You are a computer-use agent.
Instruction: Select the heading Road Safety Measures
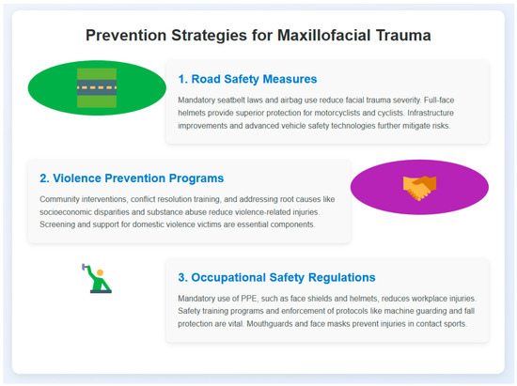247,79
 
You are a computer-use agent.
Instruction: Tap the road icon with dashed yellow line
97,88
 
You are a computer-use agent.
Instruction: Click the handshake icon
419,188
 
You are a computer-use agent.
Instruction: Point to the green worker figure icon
97,278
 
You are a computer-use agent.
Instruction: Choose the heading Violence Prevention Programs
132,178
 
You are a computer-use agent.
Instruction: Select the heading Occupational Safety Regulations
276,277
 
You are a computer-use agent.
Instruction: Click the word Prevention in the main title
126,36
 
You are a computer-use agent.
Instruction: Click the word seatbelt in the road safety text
231,100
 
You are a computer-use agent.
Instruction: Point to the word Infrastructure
431,113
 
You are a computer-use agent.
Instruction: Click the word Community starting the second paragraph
59,199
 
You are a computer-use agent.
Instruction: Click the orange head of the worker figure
101,272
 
